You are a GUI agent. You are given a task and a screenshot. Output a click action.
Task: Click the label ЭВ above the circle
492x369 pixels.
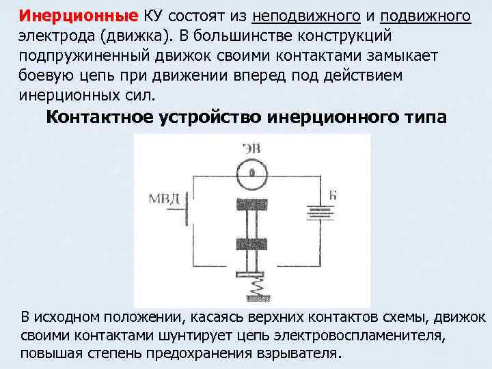click(251, 148)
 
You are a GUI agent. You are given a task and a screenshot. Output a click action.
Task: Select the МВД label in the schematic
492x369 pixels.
click(164, 198)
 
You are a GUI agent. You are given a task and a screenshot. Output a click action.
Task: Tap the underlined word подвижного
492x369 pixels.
click(425, 16)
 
